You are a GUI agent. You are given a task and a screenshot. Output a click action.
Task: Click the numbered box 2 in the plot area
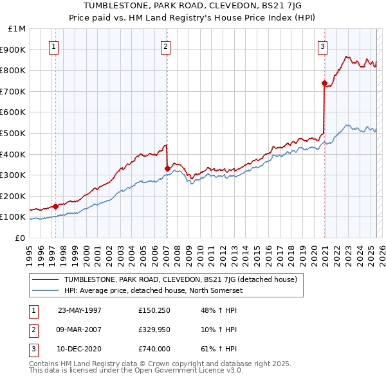click(166, 46)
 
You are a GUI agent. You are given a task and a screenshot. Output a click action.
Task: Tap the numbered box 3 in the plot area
click(322, 46)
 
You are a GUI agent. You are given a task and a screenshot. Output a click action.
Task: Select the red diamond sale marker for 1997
click(56, 206)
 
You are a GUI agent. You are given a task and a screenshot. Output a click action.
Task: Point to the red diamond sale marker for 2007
click(167, 168)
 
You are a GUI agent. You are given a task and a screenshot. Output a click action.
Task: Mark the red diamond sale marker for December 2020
click(324, 82)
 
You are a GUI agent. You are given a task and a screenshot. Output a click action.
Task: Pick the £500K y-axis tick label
click(14, 133)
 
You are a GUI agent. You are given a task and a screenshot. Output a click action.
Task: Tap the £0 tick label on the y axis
click(20, 238)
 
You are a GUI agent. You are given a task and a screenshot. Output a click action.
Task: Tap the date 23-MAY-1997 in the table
click(80, 311)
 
